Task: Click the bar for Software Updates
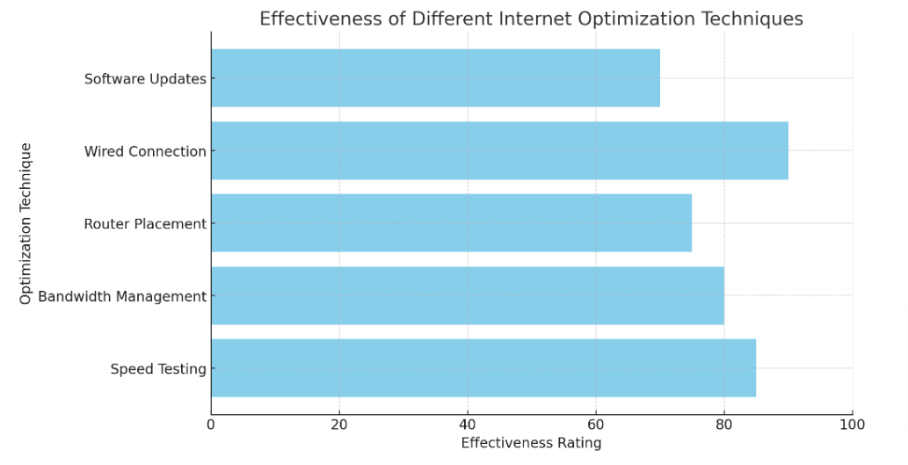(x=435, y=78)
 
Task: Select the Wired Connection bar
(x=499, y=150)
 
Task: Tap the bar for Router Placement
(x=451, y=223)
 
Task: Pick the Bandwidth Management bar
(x=467, y=296)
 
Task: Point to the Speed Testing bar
(x=483, y=368)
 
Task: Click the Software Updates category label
(x=145, y=79)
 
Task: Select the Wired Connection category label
(x=145, y=151)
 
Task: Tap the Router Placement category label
(x=145, y=224)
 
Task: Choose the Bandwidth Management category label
(x=122, y=297)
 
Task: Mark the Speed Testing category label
(x=158, y=369)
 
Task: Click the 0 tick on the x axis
(x=211, y=425)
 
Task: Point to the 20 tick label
(x=339, y=425)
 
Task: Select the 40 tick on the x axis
(x=468, y=425)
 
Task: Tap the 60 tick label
(x=596, y=425)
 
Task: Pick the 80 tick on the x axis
(x=724, y=425)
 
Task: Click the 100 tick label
(x=853, y=425)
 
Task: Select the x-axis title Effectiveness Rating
(x=531, y=443)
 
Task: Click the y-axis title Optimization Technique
(x=25, y=223)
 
